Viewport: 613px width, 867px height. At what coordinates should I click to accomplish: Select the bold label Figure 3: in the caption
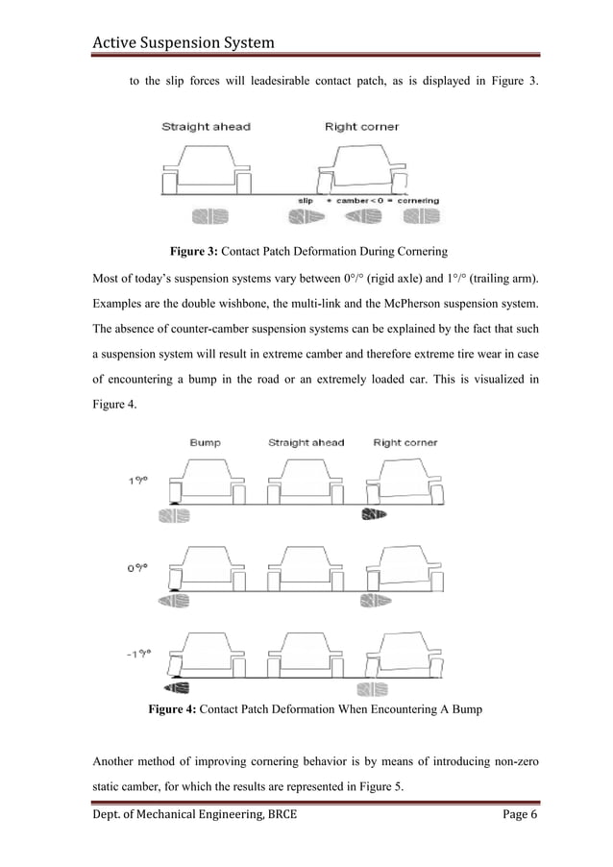[200, 253]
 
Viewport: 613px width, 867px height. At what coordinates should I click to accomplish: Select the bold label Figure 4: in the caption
[178, 710]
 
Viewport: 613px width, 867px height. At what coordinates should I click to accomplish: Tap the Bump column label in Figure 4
[206, 443]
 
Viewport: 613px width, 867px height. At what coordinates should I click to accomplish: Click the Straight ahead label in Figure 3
[206, 127]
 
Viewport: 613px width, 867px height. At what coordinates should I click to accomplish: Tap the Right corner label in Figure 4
[405, 443]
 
